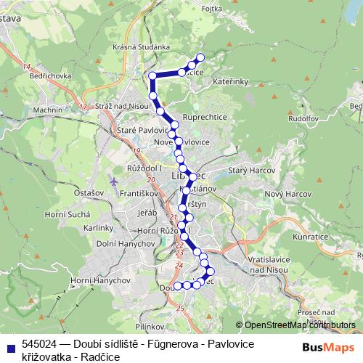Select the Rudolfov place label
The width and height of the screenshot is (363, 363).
tap(305, 118)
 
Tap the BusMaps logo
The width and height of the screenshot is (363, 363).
tap(333, 348)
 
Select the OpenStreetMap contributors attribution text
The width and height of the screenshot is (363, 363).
tap(295, 325)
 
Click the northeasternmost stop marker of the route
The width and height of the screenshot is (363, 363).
tap(201, 57)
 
